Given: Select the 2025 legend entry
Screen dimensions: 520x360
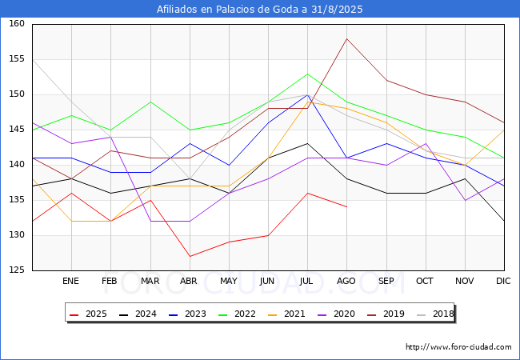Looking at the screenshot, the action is [88, 314].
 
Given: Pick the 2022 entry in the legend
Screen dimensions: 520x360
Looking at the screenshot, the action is [237, 314].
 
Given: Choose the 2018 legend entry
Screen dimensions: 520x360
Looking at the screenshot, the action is [435, 314].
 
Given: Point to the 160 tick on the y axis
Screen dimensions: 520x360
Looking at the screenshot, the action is [17, 23].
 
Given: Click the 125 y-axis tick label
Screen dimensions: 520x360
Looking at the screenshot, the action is [17, 270].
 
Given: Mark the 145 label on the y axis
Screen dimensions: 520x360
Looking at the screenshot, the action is [17, 130].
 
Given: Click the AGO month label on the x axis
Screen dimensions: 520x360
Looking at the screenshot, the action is [346, 281].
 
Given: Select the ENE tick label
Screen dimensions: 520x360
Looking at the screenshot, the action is [70, 281].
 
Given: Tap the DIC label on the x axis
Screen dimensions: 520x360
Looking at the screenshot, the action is [503, 281].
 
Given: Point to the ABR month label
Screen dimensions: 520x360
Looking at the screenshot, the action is [189, 281].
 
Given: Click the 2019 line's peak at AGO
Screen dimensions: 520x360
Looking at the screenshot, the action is [347, 38].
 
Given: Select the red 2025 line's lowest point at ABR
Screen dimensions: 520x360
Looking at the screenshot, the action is [190, 256].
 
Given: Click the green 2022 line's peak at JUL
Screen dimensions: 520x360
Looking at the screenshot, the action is [308, 74].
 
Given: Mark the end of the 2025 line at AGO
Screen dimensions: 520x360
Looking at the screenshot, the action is [347, 207].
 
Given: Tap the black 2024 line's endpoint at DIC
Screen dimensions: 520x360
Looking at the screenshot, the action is [504, 221].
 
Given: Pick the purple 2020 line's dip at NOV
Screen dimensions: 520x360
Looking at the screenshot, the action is [466, 200].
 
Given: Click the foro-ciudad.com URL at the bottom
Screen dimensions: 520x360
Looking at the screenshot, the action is [458, 347].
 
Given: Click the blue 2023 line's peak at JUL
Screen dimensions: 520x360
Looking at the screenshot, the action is [308, 95].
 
